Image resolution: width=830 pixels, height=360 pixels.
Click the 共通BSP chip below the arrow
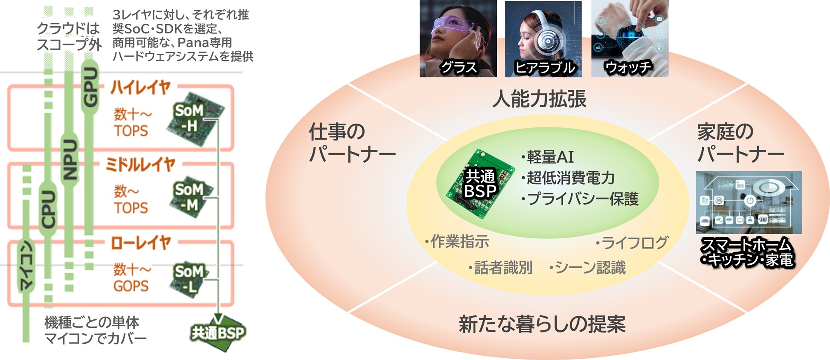click(218, 334)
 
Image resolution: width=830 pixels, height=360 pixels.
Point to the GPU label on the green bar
click(90, 87)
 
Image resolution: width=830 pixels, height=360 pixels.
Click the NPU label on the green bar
click(70, 159)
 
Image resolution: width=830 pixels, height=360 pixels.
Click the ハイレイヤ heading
click(140, 87)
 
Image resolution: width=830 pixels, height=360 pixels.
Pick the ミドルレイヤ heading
click(140, 164)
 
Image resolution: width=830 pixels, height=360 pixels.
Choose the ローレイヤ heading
click(141, 243)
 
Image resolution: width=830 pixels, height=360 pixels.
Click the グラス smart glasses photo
click(458, 39)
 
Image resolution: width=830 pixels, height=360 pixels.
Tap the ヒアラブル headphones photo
click(543, 39)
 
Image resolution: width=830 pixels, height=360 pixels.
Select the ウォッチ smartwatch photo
click(630, 39)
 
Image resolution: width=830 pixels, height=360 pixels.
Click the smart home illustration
click(749, 202)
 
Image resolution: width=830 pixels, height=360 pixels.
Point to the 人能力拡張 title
click(539, 99)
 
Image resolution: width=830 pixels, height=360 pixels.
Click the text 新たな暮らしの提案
click(542, 324)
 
